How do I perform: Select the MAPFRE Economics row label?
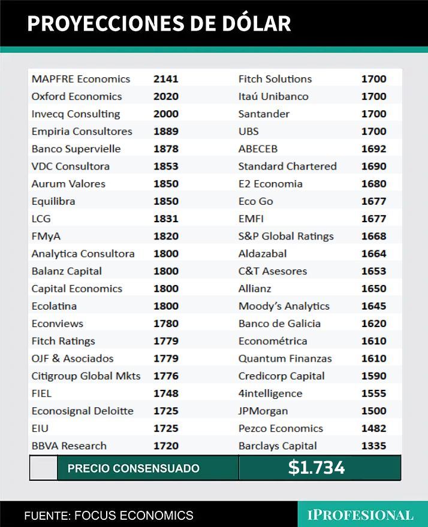pyautogui.click(x=81, y=78)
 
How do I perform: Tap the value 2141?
pyautogui.click(x=166, y=78)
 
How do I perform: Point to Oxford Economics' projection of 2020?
pyautogui.click(x=166, y=96)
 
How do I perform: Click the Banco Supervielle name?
pyautogui.click(x=76, y=149)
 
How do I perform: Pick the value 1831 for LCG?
pyautogui.click(x=166, y=219)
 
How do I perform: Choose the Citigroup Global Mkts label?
pyautogui.click(x=86, y=375)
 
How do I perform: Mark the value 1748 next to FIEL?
pyautogui.click(x=166, y=393)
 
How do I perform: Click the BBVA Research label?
pyautogui.click(x=69, y=446)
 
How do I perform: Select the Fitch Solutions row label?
pyautogui.click(x=275, y=78)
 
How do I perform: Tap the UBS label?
pyautogui.click(x=249, y=131)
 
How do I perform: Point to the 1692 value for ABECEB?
pyautogui.click(x=373, y=149)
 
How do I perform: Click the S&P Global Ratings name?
pyautogui.click(x=286, y=236)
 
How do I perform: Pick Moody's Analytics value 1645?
pyautogui.click(x=373, y=306)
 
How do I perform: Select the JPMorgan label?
pyautogui.click(x=263, y=411)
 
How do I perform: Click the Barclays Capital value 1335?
pyautogui.click(x=373, y=446)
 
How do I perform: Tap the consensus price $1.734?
pyautogui.click(x=317, y=468)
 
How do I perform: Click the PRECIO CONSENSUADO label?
pyautogui.click(x=134, y=468)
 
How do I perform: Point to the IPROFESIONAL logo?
pyautogui.click(x=360, y=515)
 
